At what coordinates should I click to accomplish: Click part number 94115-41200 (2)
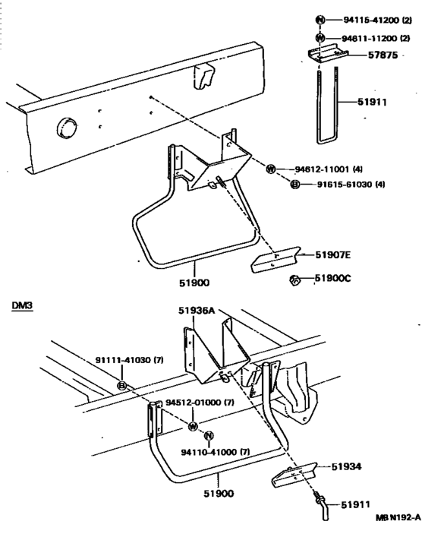[x=377, y=21]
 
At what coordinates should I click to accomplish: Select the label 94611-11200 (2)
[x=376, y=38]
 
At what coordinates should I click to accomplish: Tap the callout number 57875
[x=383, y=55]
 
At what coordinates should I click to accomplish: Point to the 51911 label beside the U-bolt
[x=372, y=102]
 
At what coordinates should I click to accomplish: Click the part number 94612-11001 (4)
[x=329, y=169]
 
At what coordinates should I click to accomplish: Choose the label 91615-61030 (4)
[x=351, y=185]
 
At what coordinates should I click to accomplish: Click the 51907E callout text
[x=332, y=255]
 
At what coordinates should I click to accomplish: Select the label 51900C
[x=332, y=278]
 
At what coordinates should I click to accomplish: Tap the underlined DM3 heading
[x=22, y=305]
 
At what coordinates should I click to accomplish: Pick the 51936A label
[x=197, y=311]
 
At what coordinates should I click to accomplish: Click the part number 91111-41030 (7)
[x=129, y=360]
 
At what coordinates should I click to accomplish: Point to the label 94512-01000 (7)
[x=200, y=402]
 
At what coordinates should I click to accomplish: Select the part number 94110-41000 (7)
[x=216, y=452]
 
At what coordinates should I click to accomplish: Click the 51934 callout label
[x=346, y=467]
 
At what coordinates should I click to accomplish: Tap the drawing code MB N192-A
[x=398, y=517]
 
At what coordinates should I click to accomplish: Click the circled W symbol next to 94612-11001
[x=271, y=169]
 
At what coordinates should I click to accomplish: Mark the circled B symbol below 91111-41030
[x=122, y=386]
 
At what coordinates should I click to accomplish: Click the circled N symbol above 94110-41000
[x=209, y=436]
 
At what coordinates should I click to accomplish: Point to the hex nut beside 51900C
[x=295, y=281]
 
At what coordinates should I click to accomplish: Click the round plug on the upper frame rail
[x=66, y=128]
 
